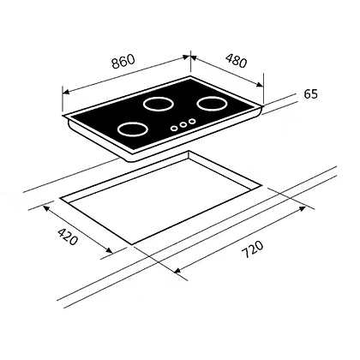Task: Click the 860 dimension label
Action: (x=123, y=62)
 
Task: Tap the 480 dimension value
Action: (x=236, y=60)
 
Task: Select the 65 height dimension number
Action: (x=310, y=94)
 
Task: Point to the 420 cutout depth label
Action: (x=68, y=237)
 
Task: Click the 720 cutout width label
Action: (x=253, y=249)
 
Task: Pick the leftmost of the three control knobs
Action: (x=174, y=128)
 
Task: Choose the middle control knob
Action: (x=183, y=124)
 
